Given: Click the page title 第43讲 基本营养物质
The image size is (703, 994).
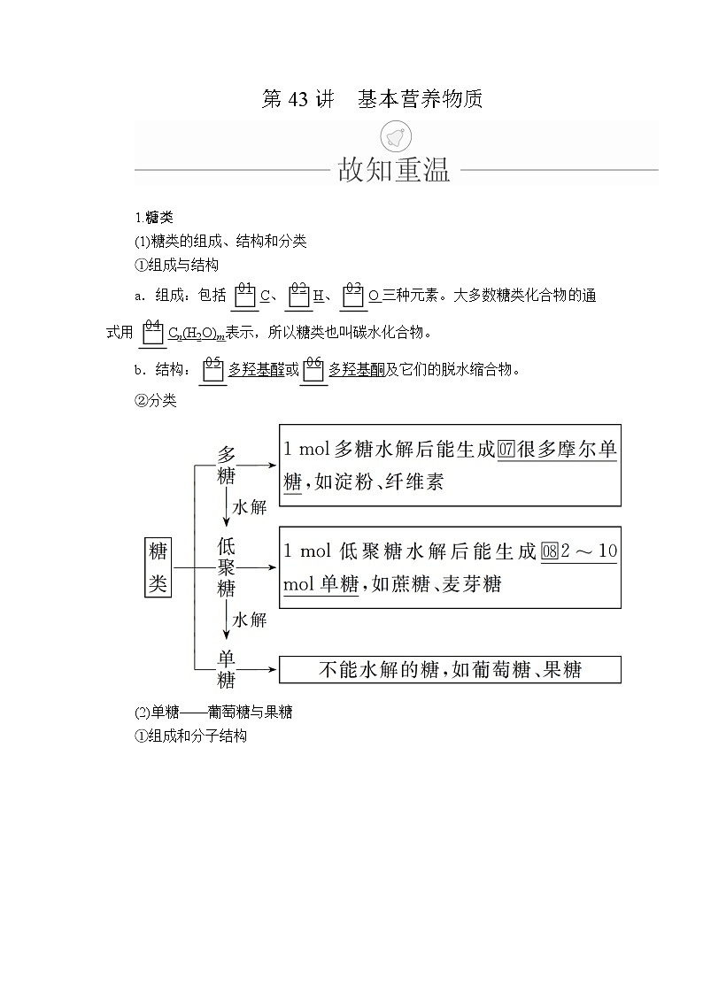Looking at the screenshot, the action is click(372, 99).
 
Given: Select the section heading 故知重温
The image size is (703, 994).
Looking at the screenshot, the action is click(394, 169).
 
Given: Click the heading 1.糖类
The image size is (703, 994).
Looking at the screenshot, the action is click(148, 218).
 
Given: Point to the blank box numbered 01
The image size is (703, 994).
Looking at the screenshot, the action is click(245, 297).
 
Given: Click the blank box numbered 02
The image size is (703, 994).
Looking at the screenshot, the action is click(298, 297).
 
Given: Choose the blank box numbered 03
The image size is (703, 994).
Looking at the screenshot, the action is click(353, 297).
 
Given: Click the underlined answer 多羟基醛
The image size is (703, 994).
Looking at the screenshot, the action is click(257, 370).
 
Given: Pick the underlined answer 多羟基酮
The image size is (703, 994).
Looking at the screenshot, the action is click(357, 370).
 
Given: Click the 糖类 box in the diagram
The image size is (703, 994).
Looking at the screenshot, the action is click(158, 567).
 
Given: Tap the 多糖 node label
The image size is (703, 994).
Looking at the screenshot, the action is click(227, 465).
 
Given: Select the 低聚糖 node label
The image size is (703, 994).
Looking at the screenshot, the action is click(227, 566).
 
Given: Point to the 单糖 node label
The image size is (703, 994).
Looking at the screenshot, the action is click(227, 669).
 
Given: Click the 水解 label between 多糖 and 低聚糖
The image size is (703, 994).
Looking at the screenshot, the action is click(249, 507).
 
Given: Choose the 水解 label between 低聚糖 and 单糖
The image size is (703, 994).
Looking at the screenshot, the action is click(249, 620).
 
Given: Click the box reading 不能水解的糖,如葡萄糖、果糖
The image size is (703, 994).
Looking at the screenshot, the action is click(450, 670).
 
